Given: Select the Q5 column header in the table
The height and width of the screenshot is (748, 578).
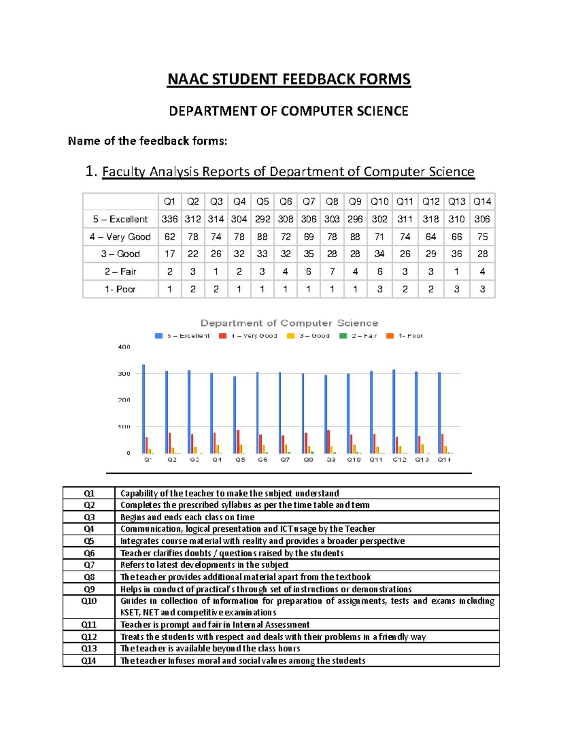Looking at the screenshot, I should coord(263,201).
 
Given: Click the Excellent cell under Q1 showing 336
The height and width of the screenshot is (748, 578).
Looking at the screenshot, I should coord(170,219).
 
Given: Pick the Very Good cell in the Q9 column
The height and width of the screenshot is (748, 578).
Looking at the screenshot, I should coord(355,236).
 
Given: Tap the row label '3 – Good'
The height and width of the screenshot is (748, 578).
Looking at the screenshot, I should coord(120,254).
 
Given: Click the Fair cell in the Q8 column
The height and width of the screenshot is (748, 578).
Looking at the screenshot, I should coord(332,272).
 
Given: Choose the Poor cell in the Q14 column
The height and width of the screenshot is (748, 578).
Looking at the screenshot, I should coord(482,289).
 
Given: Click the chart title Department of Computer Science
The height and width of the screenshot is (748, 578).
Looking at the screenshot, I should coord(289,323).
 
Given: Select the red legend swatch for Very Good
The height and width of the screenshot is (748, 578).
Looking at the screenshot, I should coord(223,336).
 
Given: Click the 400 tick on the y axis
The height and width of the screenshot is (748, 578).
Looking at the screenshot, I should coord(124,347).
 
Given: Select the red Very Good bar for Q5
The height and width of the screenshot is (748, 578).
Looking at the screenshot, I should coord(238,441).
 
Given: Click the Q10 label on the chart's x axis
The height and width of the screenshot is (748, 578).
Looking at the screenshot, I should coord(354,459).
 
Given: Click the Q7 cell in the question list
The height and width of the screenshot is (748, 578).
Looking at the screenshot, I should coord(89,565).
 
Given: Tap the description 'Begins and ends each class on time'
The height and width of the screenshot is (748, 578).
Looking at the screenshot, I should coord(187,517).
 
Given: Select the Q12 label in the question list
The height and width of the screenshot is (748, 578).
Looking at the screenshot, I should coord(89,637).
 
